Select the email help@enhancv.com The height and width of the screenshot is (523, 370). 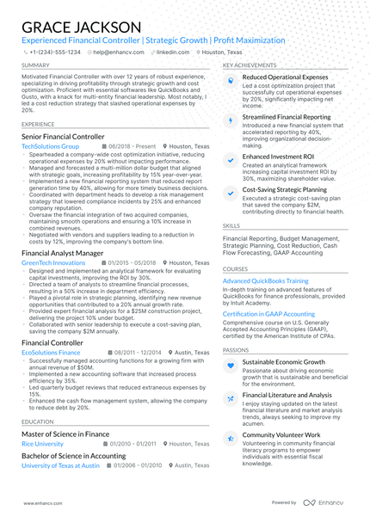pyautogui.click(x=114, y=52)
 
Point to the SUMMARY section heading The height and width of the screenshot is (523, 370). pyautogui.click(x=35, y=65)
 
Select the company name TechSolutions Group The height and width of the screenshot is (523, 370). pyautogui.click(x=50, y=147)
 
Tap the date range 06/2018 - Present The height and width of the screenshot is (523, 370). pyautogui.click(x=128, y=147)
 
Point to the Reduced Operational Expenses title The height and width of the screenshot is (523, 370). pyautogui.click(x=285, y=77)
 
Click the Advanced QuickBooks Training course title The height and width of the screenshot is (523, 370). pyautogui.click(x=265, y=280)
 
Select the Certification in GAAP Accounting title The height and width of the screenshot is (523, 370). pyautogui.click(x=269, y=314)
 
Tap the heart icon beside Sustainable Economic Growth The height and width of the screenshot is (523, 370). pyautogui.click(x=230, y=366)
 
